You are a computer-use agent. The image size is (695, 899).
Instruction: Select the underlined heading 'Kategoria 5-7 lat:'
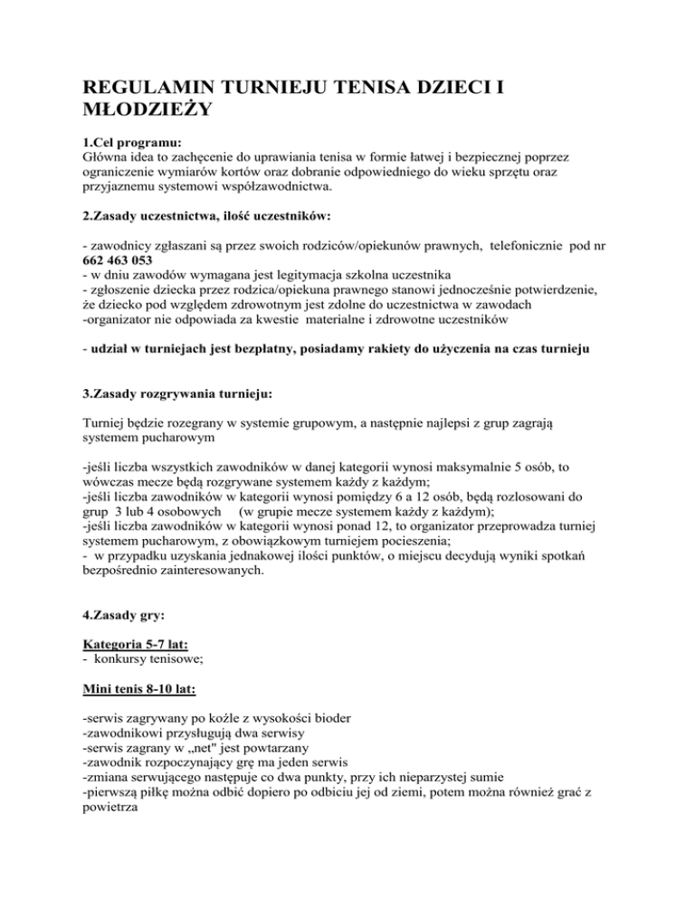pos(140,657)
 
